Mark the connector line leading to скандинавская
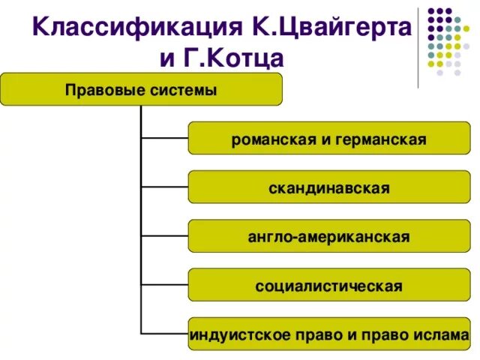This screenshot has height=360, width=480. tap(164, 187)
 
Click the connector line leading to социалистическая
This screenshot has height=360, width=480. tap(164, 285)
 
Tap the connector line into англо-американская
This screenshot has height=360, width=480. tap(164, 235)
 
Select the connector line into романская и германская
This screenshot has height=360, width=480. tap(164, 138)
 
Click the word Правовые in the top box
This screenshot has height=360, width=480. tap(97, 91)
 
